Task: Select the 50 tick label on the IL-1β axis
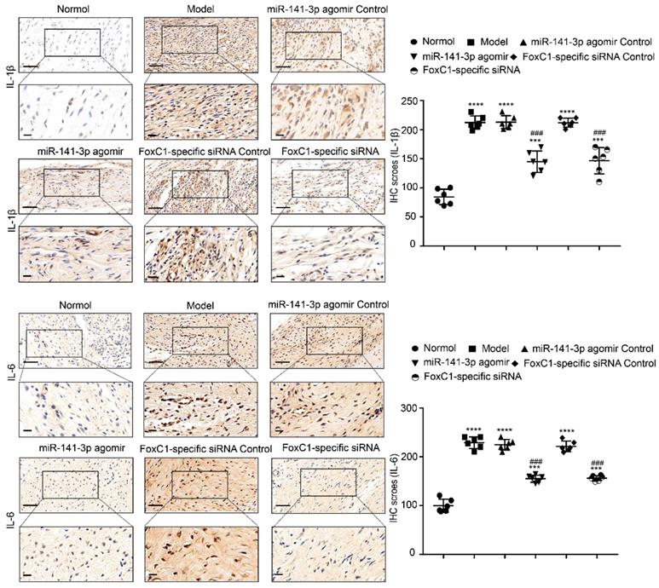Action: click(413, 216)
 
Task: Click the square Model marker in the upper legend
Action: click(471, 42)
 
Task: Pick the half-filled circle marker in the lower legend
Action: click(415, 377)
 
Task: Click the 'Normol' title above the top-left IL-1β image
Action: click(74, 9)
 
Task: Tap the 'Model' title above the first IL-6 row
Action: click(200, 306)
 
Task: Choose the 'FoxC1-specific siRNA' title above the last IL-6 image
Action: click(331, 447)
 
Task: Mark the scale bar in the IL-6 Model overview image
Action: click(156, 361)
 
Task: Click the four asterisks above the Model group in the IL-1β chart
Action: click(475, 105)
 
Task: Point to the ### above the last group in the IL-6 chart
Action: click(598, 463)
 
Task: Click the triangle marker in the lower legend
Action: click(524, 349)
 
